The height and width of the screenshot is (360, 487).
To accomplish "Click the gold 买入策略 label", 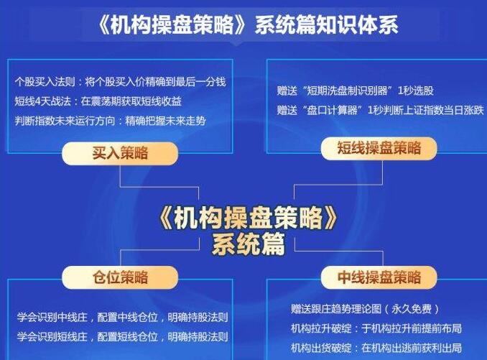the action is pyautogui.click(x=120, y=153).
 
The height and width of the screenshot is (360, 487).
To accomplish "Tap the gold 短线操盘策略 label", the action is pyautogui.click(x=379, y=148).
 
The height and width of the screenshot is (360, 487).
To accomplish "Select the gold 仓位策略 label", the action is pyautogui.click(x=120, y=277).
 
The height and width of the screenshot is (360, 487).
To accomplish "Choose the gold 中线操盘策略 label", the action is pyautogui.click(x=379, y=277).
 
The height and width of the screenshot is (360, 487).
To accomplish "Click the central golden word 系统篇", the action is pyautogui.click(x=249, y=244).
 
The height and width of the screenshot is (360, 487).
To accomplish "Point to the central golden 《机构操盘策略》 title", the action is pyautogui.click(x=248, y=218).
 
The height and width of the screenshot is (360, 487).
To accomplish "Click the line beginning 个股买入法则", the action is pyautogui.click(x=120, y=82).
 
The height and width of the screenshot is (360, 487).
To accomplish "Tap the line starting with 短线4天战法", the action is pyautogui.click(x=98, y=101).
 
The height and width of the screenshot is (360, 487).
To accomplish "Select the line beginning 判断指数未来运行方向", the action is pyautogui.click(x=111, y=121).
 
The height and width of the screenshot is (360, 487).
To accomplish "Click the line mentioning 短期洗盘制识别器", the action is pyautogui.click(x=356, y=91).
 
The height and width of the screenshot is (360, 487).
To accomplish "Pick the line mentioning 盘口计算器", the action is pyautogui.click(x=381, y=110).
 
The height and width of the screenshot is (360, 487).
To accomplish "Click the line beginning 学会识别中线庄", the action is pyautogui.click(x=123, y=318).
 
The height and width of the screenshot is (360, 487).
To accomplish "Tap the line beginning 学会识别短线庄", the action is pyautogui.click(x=123, y=337).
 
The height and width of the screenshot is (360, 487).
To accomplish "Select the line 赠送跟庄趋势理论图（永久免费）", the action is pyautogui.click(x=365, y=309).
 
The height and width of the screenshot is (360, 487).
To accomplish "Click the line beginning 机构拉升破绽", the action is pyautogui.click(x=376, y=328).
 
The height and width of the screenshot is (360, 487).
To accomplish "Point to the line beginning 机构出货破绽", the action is pyautogui.click(x=376, y=348).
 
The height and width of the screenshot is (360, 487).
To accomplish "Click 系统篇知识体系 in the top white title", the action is pyautogui.click(x=326, y=25).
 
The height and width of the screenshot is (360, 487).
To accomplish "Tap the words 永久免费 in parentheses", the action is pyautogui.click(x=411, y=309).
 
